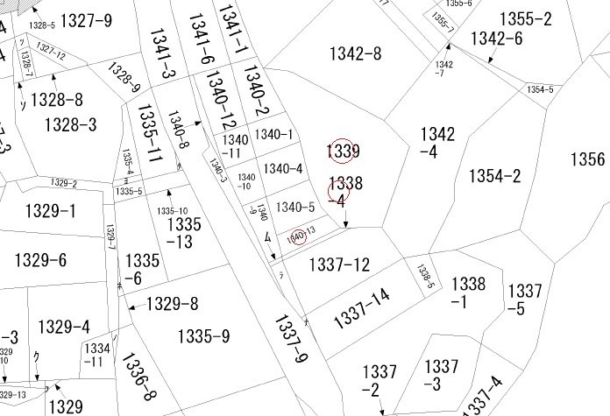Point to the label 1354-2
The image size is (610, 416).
tap(494, 176)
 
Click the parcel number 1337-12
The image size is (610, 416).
tap(341, 264)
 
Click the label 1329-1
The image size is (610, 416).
tap(46, 211)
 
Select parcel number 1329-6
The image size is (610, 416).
tap(40, 260)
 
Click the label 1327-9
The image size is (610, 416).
tap(87, 20)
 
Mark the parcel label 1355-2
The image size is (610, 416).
tap(525, 18)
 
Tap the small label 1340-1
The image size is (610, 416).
tap(273, 134)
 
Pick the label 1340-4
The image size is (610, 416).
tap(283, 168)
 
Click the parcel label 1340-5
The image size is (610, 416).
tap(294, 208)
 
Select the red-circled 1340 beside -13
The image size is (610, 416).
tap(297, 236)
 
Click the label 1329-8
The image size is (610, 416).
tap(172, 304)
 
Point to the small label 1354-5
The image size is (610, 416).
tap(540, 89)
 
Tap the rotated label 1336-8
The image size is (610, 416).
tap(138, 375)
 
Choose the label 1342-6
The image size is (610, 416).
tap(496, 39)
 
